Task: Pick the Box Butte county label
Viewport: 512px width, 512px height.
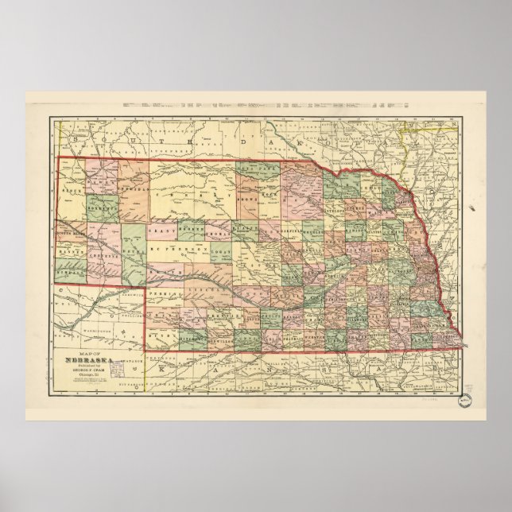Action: tap(101, 208)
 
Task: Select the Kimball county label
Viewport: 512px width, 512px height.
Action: tap(70, 270)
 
